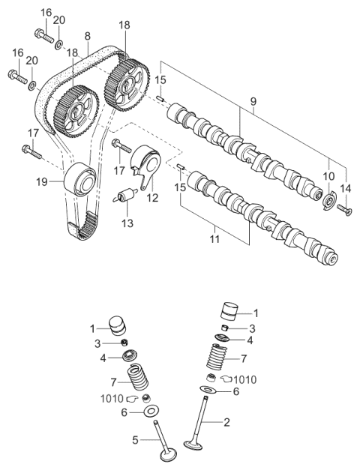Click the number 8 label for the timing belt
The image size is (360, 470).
click(88, 35)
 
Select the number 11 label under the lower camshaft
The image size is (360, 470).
click(214, 239)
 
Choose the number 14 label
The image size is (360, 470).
click(345, 188)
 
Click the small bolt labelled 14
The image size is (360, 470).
click(343, 209)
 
